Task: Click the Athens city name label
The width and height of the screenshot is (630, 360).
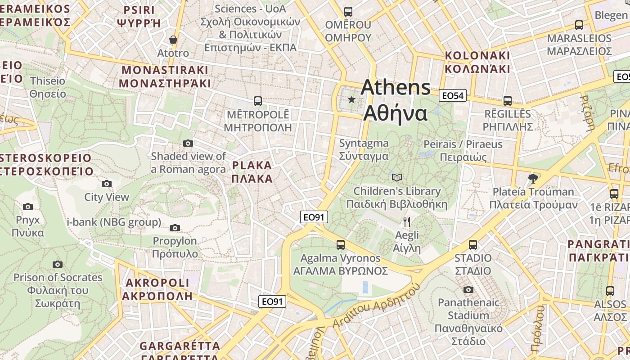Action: click(395, 100)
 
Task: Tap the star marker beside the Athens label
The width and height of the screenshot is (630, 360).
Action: click(351, 99)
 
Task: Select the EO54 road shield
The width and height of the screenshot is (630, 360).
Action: click(453, 95)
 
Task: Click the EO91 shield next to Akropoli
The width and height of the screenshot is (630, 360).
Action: click(272, 301)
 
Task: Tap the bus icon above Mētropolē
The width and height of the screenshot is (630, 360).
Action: click(257, 101)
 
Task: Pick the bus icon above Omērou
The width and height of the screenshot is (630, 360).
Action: click(348, 12)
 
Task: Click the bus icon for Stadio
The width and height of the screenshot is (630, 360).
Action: click(472, 245)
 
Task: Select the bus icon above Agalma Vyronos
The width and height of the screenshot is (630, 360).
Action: click(341, 245)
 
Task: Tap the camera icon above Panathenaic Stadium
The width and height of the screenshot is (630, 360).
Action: click(468, 289)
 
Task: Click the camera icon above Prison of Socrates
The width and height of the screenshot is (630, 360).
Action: click(58, 264)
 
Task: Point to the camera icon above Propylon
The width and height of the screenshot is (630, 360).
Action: click(175, 228)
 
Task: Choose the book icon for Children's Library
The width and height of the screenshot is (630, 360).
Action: click(396, 177)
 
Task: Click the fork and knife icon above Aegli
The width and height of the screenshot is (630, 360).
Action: click(407, 221)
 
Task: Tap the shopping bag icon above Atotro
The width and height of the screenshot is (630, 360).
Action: click(173, 40)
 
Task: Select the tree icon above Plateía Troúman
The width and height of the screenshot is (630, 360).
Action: click(533, 178)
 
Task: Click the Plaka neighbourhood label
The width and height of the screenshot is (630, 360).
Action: click(252, 172)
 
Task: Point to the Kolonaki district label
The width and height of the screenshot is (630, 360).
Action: click(477, 62)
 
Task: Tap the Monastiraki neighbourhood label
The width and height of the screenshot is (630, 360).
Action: click(165, 76)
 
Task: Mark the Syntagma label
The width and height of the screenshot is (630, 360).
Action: click(364, 149)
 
